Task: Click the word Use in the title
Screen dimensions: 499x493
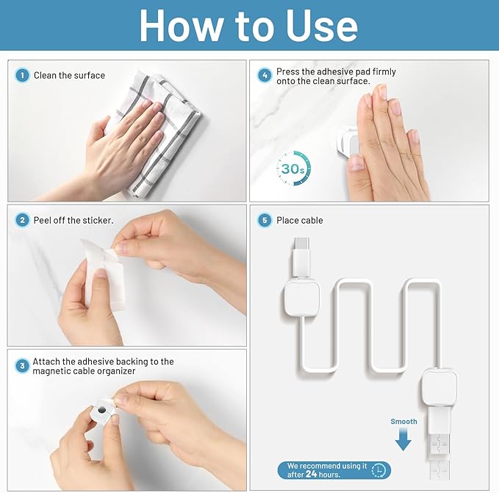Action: pyautogui.click(x=321, y=26)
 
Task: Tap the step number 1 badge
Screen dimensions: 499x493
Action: pyautogui.click(x=22, y=76)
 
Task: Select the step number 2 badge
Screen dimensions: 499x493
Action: pyautogui.click(x=22, y=220)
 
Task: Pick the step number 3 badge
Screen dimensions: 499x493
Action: pyautogui.click(x=22, y=366)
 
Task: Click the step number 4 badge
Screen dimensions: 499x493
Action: pyautogui.click(x=265, y=76)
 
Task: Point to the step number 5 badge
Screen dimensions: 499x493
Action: pyautogui.click(x=265, y=220)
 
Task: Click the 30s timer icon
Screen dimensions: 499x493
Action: pyautogui.click(x=293, y=169)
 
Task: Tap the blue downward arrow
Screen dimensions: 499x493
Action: pyautogui.click(x=403, y=439)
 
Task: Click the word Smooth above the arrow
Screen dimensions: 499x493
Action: pyautogui.click(x=403, y=422)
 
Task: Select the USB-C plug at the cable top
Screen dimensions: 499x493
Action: pyautogui.click(x=302, y=258)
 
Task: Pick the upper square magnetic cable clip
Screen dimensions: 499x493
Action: pyautogui.click(x=301, y=297)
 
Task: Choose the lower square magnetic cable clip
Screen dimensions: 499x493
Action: pyautogui.click(x=439, y=386)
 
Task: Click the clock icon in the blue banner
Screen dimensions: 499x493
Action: pyautogui.click(x=378, y=470)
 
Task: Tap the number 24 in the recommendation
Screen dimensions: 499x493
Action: pyautogui.click(x=311, y=474)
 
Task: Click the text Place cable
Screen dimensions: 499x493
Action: pyautogui.click(x=299, y=220)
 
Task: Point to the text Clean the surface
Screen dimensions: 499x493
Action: pyautogui.click(x=69, y=76)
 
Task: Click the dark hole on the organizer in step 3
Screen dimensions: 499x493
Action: pyautogui.click(x=101, y=410)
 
